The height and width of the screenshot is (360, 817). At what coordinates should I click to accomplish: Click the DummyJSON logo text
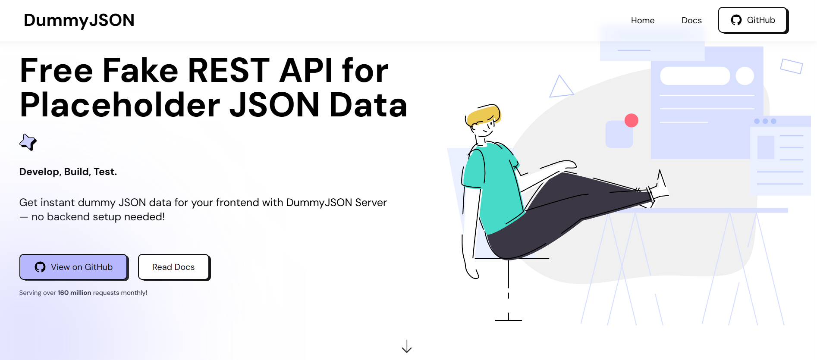pyautogui.click(x=79, y=20)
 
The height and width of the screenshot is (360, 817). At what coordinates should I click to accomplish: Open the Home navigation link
pyautogui.click(x=642, y=20)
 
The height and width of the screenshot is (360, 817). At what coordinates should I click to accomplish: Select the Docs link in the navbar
pyautogui.click(x=691, y=20)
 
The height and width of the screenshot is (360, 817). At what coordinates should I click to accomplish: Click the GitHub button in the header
pyautogui.click(x=753, y=20)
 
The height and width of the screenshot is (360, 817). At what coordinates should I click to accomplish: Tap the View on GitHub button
pyautogui.click(x=73, y=267)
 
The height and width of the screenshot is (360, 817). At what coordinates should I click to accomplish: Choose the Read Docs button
pyautogui.click(x=173, y=267)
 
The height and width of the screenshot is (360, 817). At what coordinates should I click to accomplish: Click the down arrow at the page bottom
pyautogui.click(x=406, y=347)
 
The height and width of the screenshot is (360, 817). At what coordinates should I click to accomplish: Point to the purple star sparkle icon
pyautogui.click(x=28, y=142)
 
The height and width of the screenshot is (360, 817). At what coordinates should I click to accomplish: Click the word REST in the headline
pyautogui.click(x=229, y=70)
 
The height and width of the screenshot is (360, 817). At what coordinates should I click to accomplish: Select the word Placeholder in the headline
pyautogui.click(x=120, y=105)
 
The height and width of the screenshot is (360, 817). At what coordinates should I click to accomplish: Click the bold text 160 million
pyautogui.click(x=74, y=293)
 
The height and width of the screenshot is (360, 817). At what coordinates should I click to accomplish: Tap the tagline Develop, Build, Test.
pyautogui.click(x=68, y=172)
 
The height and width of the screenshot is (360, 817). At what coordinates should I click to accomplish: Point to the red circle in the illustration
pyautogui.click(x=631, y=120)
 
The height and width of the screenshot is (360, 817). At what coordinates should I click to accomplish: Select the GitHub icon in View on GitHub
pyautogui.click(x=40, y=267)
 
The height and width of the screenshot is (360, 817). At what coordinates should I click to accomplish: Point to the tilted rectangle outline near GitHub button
pyautogui.click(x=791, y=66)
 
